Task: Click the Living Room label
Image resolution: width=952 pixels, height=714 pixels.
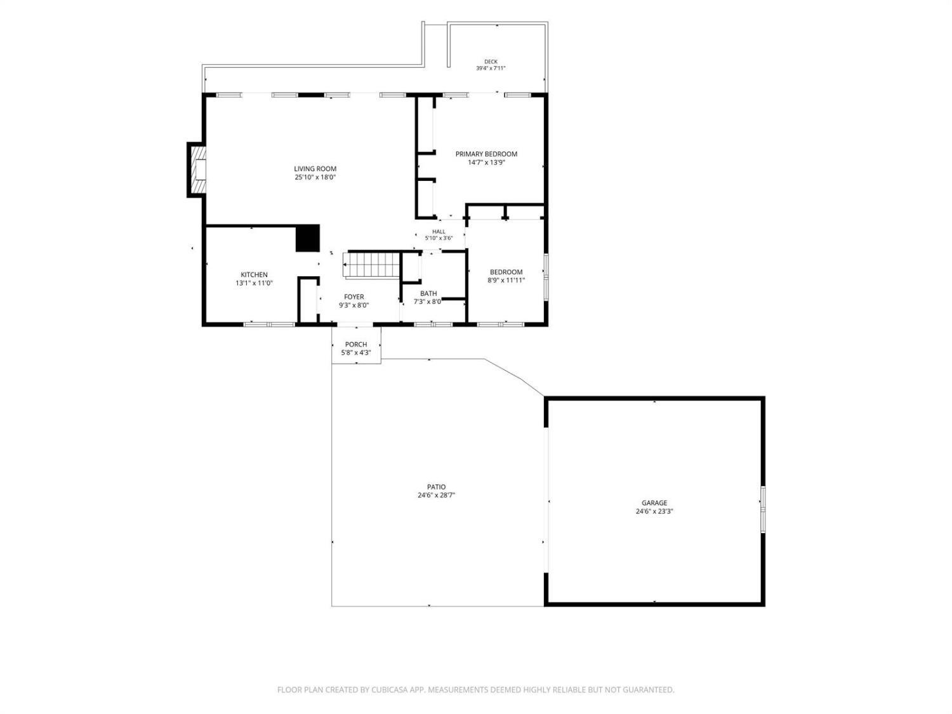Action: (315, 169)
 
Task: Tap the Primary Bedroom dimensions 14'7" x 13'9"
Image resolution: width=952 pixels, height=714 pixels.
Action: (486, 162)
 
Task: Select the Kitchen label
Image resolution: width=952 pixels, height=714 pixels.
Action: (254, 274)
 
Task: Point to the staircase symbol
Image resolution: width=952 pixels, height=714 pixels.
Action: (371, 264)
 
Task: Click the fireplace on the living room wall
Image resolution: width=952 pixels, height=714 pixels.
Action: (198, 169)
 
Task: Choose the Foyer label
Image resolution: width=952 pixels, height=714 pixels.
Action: (354, 296)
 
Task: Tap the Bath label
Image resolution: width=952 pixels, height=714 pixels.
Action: (428, 293)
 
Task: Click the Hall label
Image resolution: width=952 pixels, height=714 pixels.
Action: (439, 232)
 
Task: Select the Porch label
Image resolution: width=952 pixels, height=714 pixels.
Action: (356, 344)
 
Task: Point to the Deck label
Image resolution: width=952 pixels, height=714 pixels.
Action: (491, 62)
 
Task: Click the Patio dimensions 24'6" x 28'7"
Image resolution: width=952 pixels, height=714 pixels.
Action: (436, 495)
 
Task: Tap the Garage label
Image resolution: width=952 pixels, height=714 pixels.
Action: (654, 503)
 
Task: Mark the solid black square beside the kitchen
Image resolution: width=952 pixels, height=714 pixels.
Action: (308, 238)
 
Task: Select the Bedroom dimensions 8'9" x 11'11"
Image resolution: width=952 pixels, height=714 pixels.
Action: (506, 280)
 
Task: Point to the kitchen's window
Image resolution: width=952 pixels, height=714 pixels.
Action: (269, 324)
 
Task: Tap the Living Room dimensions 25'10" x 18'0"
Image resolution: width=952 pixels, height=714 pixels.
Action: (315, 177)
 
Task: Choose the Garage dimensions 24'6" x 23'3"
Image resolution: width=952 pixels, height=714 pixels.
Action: (654, 511)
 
